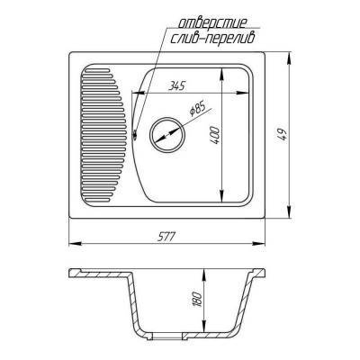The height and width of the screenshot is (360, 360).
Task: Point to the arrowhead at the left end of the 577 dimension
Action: click(x=73, y=244)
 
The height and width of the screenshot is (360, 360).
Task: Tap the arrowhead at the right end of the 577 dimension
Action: click(x=265, y=244)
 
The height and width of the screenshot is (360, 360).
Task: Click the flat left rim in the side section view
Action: click(x=94, y=273)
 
